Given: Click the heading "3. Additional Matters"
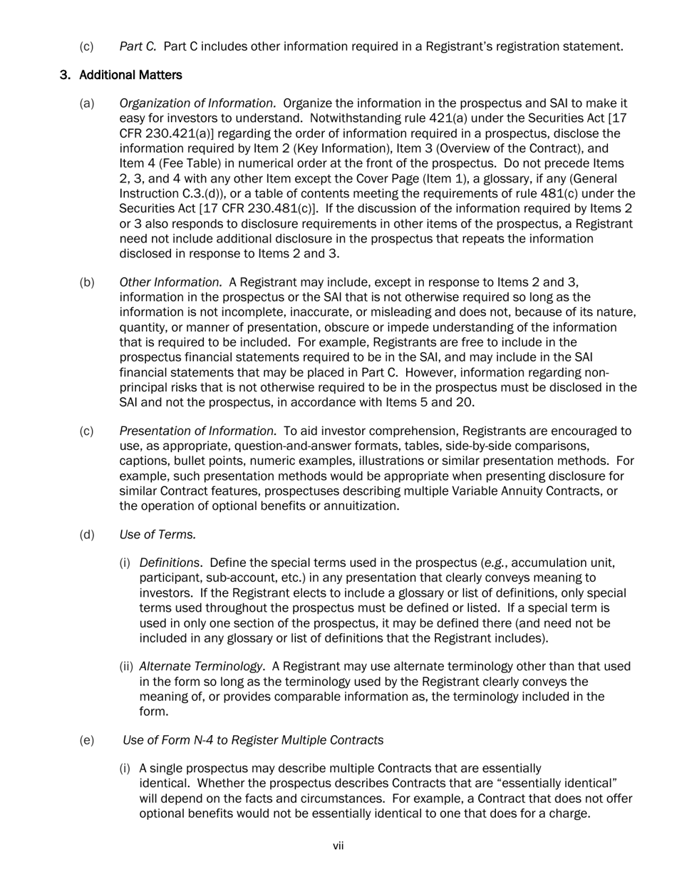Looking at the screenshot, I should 120,75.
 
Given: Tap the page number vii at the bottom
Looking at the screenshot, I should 338,846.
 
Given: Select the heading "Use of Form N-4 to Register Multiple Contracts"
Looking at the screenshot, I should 253,740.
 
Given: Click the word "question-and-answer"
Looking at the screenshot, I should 259,446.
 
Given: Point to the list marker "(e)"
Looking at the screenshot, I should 86,740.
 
